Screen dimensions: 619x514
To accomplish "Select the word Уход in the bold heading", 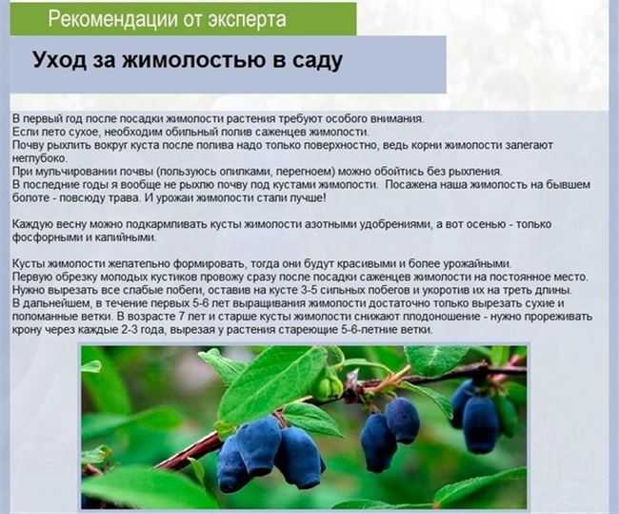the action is click(59, 59).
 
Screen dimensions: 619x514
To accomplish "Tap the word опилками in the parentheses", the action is click(245, 172).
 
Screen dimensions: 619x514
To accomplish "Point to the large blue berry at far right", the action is click(480, 423).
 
